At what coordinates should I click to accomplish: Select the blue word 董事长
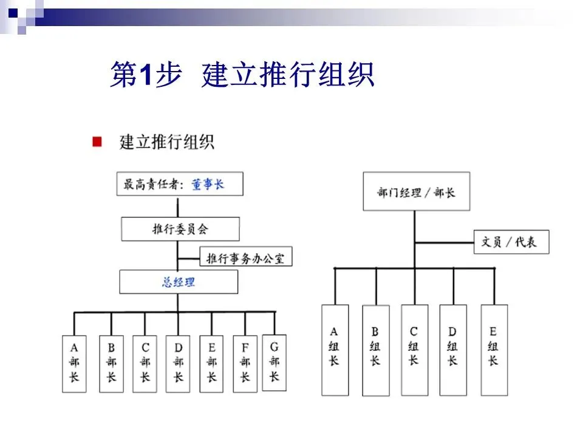pos(208,184)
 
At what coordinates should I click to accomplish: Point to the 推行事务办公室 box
pos(246,257)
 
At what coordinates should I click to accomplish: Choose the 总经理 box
pos(179,282)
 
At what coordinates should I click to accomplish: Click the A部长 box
pos(74,364)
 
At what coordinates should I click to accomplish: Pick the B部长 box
pos(111,364)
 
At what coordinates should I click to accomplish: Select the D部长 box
pos(178,364)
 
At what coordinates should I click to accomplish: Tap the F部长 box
pos(245,364)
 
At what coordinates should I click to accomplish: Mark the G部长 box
pos(274,362)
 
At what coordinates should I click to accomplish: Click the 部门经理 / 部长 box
pos(416,192)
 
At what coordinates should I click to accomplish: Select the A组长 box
pos(335,350)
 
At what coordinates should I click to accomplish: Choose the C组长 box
pos(414,350)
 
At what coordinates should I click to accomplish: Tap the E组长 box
pos(493,350)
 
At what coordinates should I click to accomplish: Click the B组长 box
pos(375,350)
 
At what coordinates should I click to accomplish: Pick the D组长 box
pos(452,350)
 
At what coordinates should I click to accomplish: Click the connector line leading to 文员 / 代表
pos(445,243)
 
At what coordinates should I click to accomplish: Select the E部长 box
pos(211,364)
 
